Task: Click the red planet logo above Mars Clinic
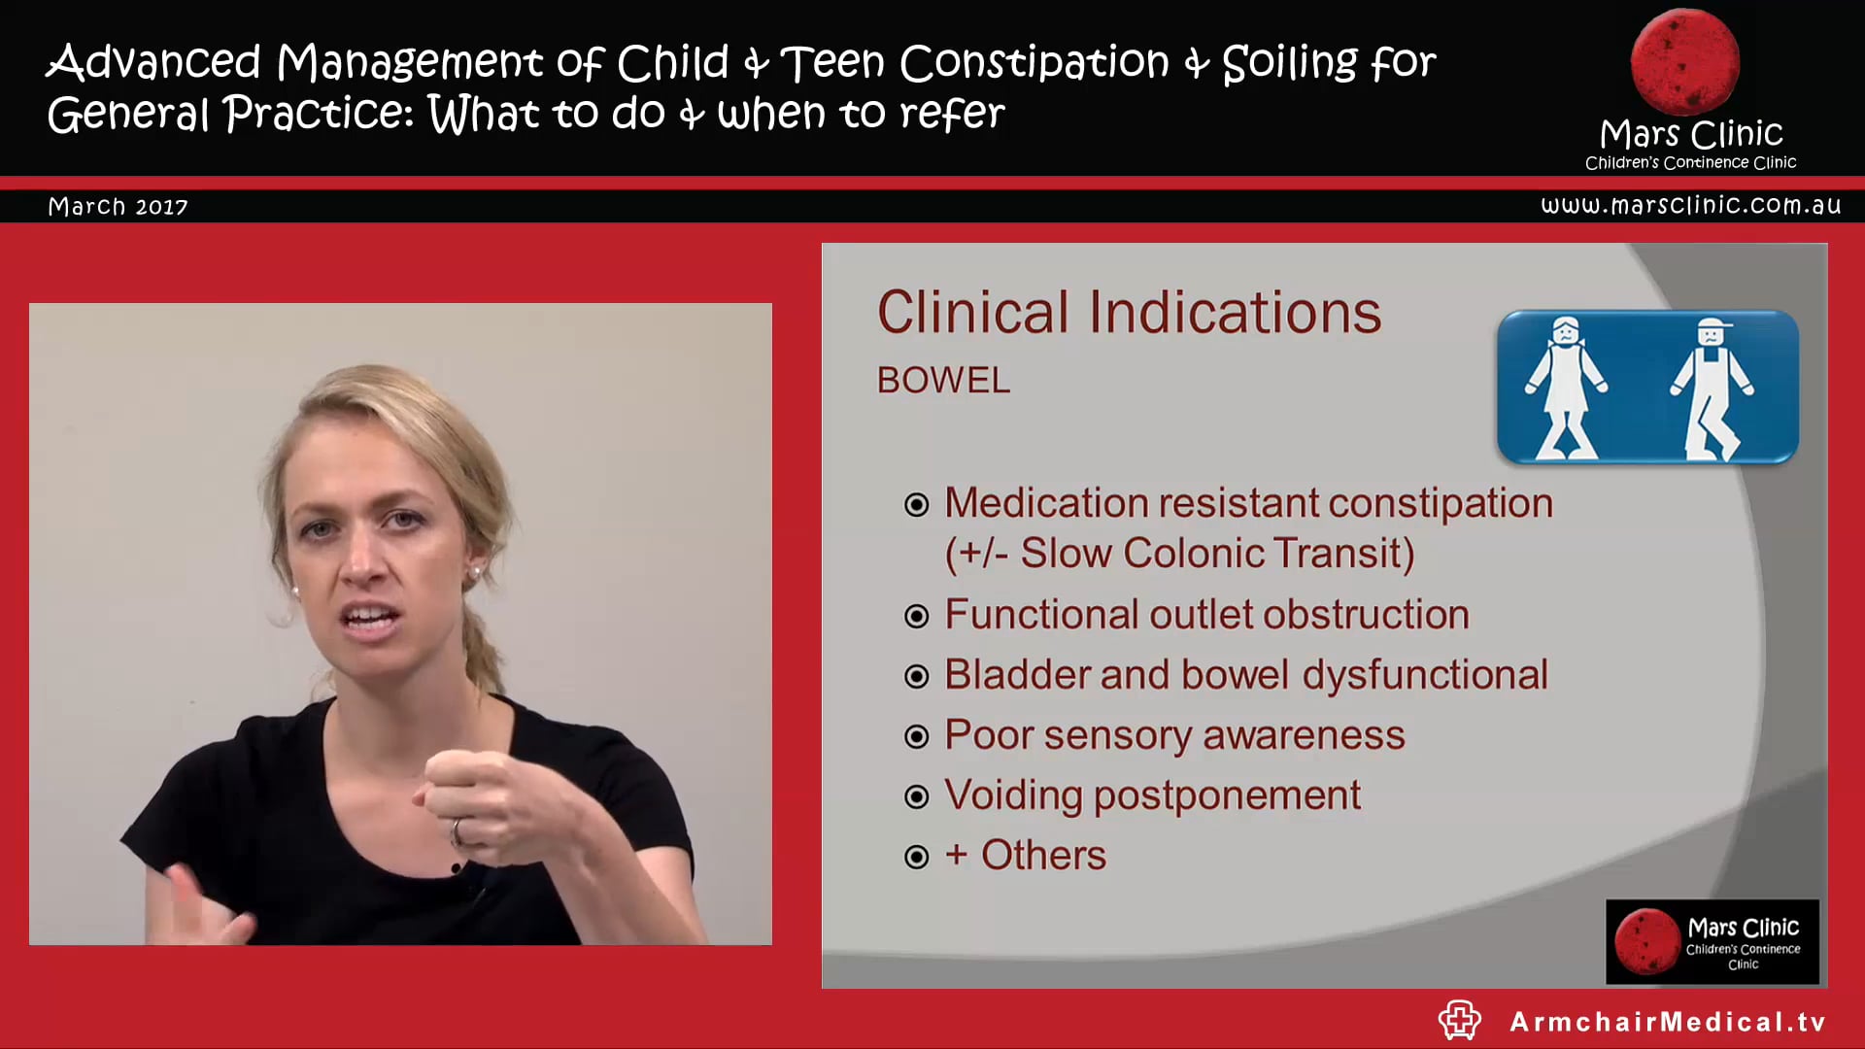tap(1684, 61)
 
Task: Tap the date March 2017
tap(118, 207)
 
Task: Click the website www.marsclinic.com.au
tap(1690, 205)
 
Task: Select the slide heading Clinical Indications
tap(1129, 313)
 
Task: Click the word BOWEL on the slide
tap(943, 380)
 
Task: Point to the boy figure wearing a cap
tap(1712, 389)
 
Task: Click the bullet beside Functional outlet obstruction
tap(916, 617)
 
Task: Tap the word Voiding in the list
tap(1013, 795)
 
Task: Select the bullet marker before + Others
tap(916, 857)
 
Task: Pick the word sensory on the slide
tap(1116, 735)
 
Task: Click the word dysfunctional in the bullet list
tap(1424, 675)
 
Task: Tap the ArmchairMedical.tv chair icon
tap(1459, 1021)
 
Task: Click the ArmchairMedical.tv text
tap(1668, 1022)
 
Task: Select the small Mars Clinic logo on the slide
tap(1712, 941)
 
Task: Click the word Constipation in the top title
tap(1034, 63)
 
